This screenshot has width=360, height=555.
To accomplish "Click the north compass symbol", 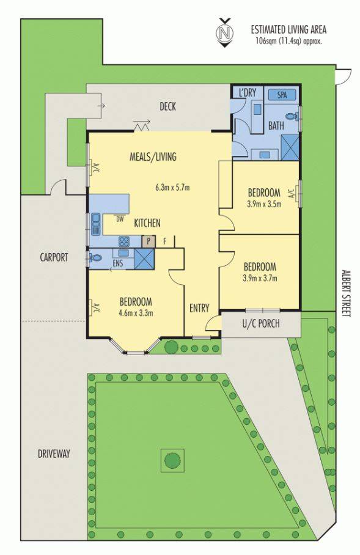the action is [225, 32].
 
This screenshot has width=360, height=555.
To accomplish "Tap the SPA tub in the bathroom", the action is [282, 95].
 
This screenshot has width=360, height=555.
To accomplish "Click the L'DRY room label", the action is [247, 93].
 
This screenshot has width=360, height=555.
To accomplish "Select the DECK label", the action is [167, 106].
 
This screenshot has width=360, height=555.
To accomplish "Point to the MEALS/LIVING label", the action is [153, 156].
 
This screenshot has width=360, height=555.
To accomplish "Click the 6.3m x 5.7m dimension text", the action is [172, 187].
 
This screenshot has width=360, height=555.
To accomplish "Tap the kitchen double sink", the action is [96, 224].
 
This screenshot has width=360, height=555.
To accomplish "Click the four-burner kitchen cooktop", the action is [124, 241].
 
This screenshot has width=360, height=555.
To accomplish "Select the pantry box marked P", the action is [149, 242].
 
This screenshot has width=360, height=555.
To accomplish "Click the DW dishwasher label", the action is [120, 219].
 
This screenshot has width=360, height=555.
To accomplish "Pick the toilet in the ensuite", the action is [95, 258].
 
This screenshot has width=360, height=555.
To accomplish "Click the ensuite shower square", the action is [144, 259].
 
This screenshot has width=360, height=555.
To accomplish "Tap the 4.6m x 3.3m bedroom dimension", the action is [136, 313].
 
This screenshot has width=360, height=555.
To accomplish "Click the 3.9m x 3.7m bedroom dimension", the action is [260, 278].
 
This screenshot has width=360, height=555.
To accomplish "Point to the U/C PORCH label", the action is [261, 323].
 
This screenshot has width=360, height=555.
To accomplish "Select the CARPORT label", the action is [54, 257].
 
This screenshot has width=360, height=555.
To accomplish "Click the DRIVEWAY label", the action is [54, 454].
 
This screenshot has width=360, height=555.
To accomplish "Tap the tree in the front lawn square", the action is [172, 460].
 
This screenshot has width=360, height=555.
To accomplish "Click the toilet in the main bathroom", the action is [292, 116].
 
